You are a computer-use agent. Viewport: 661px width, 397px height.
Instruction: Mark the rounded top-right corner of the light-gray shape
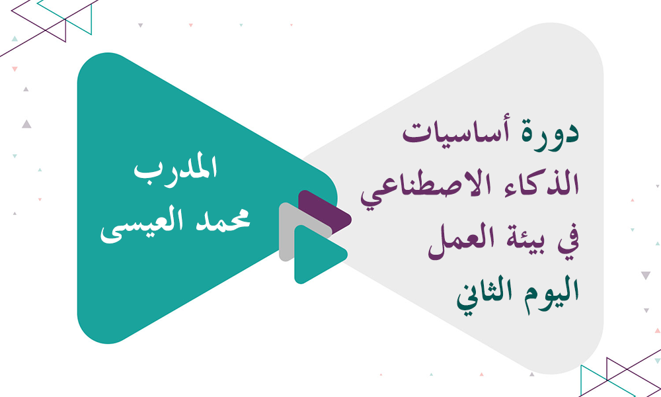coord(585,43)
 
